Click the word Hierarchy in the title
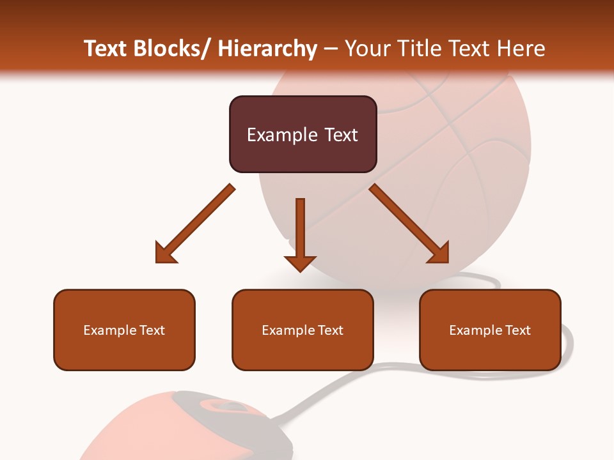267,49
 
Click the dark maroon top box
303,134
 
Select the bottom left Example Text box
124,330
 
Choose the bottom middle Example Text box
303,330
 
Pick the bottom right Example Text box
490,330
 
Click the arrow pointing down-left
198,221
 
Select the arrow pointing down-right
407,221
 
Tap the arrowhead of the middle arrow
300,263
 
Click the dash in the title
331,49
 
